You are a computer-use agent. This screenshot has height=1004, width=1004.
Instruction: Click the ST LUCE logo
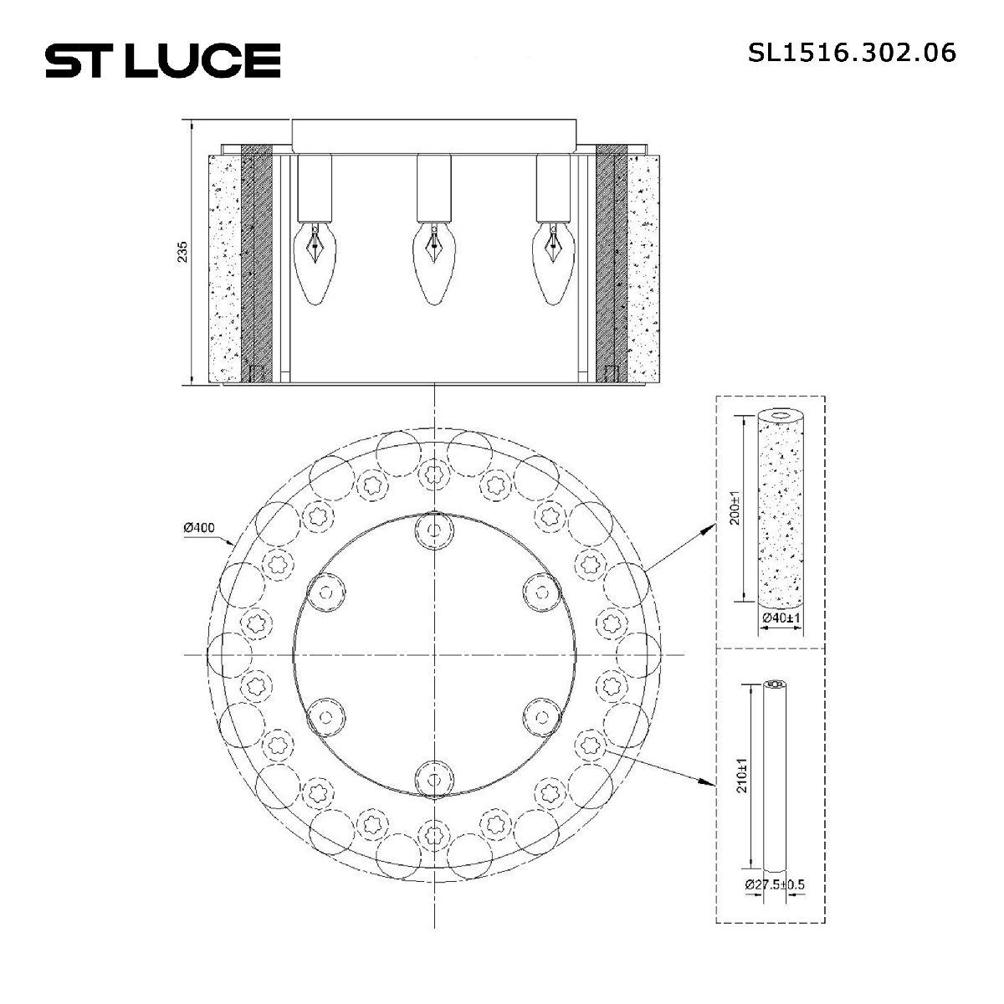click(x=162, y=60)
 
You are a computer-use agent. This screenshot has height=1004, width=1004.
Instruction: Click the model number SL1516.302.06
click(x=852, y=53)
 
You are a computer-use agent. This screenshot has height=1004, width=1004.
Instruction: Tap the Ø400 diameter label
click(x=198, y=528)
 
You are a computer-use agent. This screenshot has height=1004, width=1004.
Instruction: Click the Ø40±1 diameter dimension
click(x=781, y=618)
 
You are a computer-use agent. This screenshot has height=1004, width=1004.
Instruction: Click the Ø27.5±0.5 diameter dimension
click(x=774, y=884)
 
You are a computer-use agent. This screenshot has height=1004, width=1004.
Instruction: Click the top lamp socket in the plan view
click(x=433, y=529)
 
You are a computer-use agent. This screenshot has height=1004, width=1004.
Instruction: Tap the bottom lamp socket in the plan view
click(x=433, y=778)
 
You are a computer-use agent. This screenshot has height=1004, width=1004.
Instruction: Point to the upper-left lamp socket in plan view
click(x=326, y=592)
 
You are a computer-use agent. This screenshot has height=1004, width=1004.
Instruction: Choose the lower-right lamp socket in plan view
click(x=540, y=716)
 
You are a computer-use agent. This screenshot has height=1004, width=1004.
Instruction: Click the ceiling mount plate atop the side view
click(x=433, y=135)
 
